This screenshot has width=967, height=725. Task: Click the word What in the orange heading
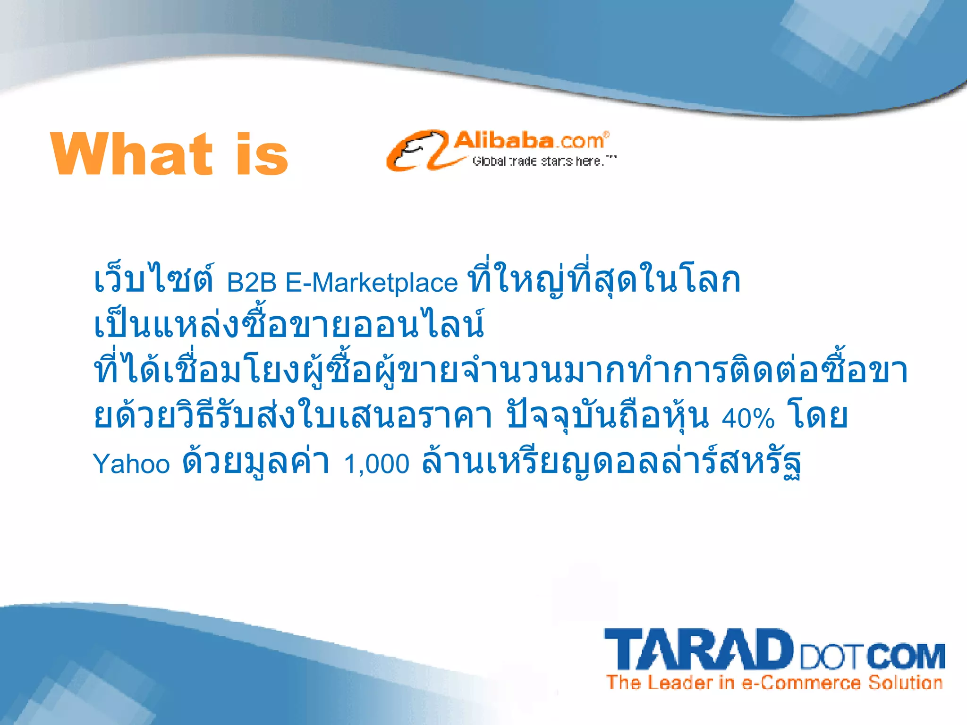pyautogui.click(x=132, y=154)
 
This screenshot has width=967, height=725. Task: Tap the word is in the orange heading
pyautogui.click(x=262, y=154)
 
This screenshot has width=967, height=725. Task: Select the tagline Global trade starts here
pyautogui.click(x=543, y=161)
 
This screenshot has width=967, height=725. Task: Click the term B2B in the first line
pyautogui.click(x=252, y=283)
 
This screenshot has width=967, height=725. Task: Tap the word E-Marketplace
pyautogui.click(x=372, y=283)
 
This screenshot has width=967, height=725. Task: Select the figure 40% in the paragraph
pyautogui.click(x=748, y=418)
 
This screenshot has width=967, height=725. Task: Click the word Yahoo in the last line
pyautogui.click(x=131, y=464)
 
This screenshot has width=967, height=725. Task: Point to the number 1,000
pyautogui.click(x=376, y=464)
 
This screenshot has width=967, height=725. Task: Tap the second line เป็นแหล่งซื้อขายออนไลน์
pyautogui.click(x=289, y=325)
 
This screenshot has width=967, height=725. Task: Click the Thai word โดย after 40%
pyautogui.click(x=817, y=415)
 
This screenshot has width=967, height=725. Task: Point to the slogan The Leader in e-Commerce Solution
pyautogui.click(x=774, y=683)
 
